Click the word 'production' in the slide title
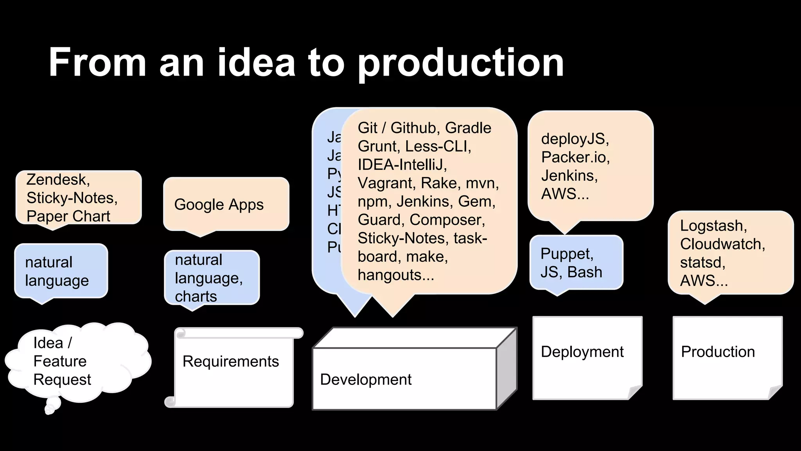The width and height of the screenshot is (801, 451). coord(461,63)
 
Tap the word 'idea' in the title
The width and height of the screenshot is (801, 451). coord(256,63)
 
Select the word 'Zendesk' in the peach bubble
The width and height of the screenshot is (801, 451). coord(57,180)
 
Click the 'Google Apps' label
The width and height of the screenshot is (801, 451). coord(219,205)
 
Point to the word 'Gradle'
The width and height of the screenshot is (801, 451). coord(468,128)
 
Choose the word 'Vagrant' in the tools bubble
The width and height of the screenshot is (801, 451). coord(388,183)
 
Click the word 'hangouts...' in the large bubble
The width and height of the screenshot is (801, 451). coord(396,275)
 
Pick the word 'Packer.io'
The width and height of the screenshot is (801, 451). coord(575,157)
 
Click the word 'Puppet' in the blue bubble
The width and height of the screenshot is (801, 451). coord(566,254)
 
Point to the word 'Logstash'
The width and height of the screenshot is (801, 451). coord(713,226)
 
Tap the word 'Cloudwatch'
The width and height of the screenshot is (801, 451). coord(722,244)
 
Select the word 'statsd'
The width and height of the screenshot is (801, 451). coord(702,263)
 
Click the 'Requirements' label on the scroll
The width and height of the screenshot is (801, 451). coord(231,362)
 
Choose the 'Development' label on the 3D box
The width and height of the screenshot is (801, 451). coord(366,380)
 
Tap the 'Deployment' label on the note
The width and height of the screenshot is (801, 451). coord(582,352)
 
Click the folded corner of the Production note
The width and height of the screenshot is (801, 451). coord(775,392)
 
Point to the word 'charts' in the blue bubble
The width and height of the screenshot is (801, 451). coord(196,297)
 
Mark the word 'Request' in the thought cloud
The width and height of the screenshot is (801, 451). coord(62,380)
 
